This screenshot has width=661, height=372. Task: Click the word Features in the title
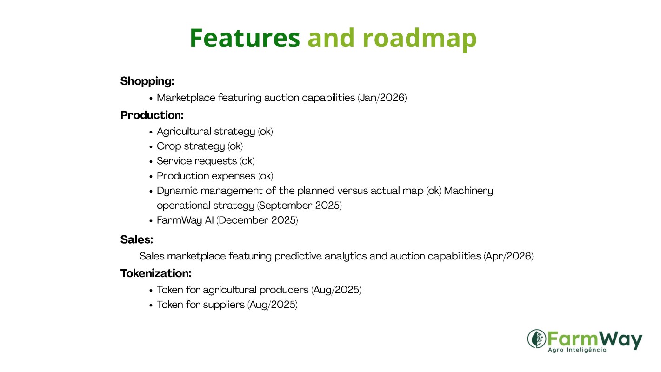pos(245,38)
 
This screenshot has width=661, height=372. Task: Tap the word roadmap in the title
pos(420,40)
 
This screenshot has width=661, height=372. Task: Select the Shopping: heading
pos(147,81)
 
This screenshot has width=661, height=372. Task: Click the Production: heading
pos(152,115)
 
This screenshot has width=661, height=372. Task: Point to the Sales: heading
pos(137,239)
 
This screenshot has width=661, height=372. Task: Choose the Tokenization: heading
pos(155,273)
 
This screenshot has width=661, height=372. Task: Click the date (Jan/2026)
pos(382,98)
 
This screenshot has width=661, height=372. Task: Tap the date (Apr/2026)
pos(508,256)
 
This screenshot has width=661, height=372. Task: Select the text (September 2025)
pos(299,206)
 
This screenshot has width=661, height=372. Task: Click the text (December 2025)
pos(257,220)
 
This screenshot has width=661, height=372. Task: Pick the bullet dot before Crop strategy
pos(151,147)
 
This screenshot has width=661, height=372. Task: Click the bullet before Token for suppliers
pos(151,306)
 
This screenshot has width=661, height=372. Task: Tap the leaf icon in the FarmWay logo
pos(537,339)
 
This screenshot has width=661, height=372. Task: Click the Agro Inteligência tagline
pos(577,350)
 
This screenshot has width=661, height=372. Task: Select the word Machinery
pos(468,191)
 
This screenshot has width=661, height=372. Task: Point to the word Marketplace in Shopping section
pos(186,98)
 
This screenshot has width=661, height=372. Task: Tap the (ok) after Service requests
pos(247,161)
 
